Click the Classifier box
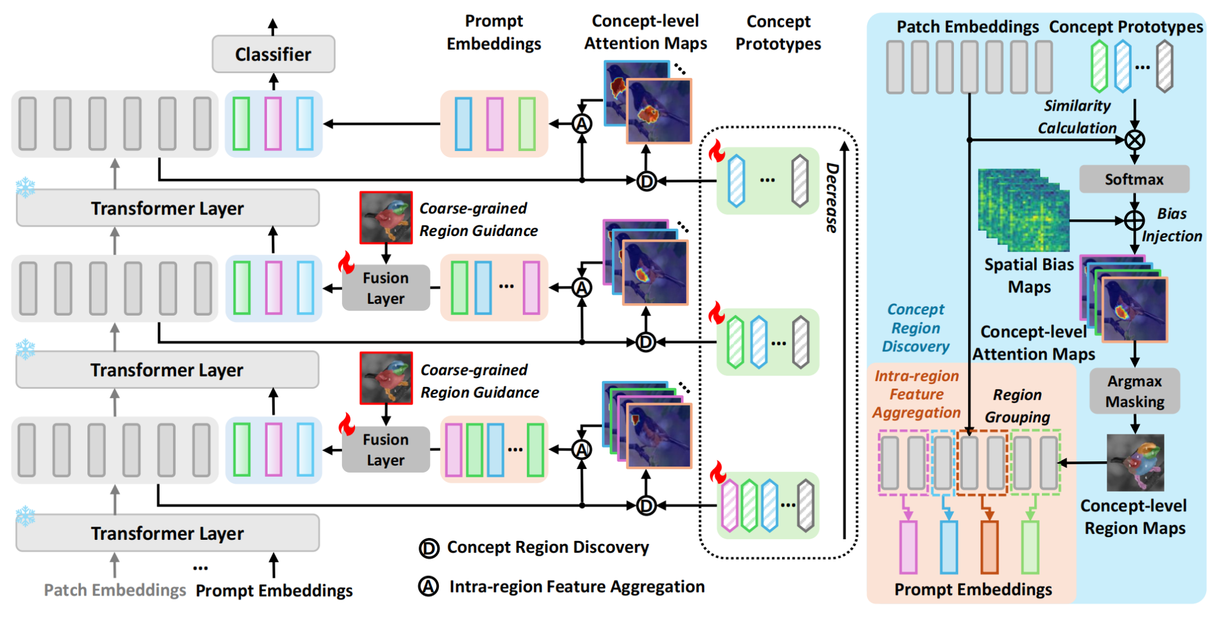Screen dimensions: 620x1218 click(273, 54)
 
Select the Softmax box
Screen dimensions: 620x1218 click(1134, 179)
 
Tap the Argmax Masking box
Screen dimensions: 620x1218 click(1134, 391)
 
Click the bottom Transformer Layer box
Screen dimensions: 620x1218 click(167, 533)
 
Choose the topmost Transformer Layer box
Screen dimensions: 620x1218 click(167, 208)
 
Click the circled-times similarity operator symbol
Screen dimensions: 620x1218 click(1135, 140)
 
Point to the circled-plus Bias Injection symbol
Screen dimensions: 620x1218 click(1135, 221)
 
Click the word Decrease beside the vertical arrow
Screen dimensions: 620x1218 click(832, 197)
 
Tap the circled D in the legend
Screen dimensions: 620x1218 click(429, 548)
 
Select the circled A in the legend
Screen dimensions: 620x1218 click(428, 587)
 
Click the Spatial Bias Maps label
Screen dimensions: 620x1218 click(1029, 275)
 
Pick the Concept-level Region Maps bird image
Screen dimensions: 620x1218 click(1135, 462)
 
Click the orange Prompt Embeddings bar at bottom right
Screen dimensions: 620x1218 click(989, 547)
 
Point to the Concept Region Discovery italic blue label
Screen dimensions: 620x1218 click(915, 328)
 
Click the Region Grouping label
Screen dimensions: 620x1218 click(1017, 405)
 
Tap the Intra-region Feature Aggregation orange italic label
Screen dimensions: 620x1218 click(916, 394)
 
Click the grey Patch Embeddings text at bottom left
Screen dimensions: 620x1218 click(115, 590)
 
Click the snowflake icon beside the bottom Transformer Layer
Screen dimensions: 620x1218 click(26, 517)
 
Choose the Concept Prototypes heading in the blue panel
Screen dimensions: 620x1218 click(1126, 27)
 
